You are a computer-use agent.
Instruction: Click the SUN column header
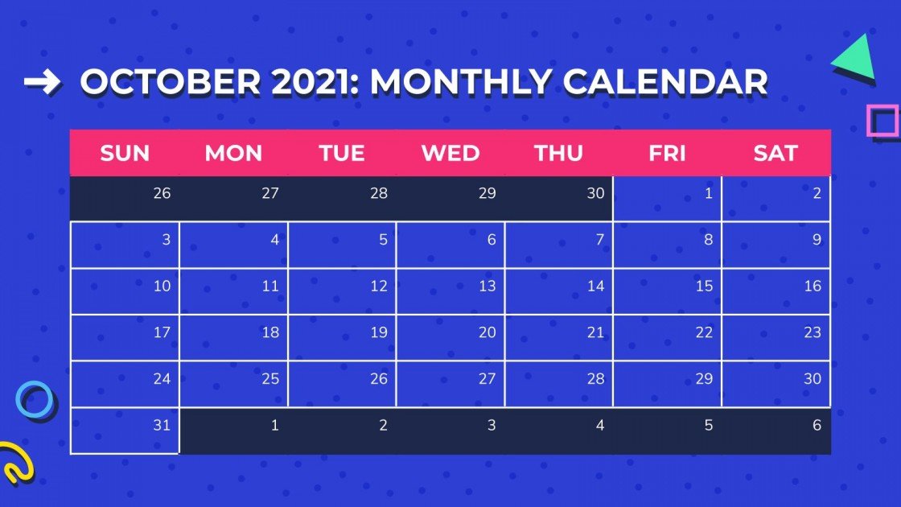pyautogui.click(x=125, y=153)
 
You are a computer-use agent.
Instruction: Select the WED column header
pyautogui.click(x=450, y=153)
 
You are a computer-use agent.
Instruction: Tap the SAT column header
pyautogui.click(x=776, y=153)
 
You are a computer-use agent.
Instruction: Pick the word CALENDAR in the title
pyautogui.click(x=665, y=82)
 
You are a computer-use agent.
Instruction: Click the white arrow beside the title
pyautogui.click(x=42, y=81)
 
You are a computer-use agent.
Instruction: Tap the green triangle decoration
pyautogui.click(x=856, y=58)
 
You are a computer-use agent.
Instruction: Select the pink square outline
pyautogui.click(x=882, y=121)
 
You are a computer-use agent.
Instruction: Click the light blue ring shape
pyautogui.click(x=35, y=400)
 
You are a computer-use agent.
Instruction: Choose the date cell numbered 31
pyautogui.click(x=125, y=431)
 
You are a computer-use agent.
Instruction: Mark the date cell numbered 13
pyautogui.click(x=450, y=291)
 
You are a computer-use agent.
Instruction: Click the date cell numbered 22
pyautogui.click(x=667, y=338)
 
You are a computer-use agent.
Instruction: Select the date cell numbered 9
pyautogui.click(x=776, y=245)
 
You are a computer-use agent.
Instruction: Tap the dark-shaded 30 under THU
pyautogui.click(x=559, y=198)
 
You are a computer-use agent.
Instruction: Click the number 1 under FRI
pyautogui.click(x=667, y=198)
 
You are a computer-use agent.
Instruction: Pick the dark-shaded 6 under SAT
pyautogui.click(x=776, y=431)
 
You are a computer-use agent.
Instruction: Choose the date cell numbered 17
pyautogui.click(x=125, y=338)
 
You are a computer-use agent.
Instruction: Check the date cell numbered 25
pyautogui.click(x=233, y=384)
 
